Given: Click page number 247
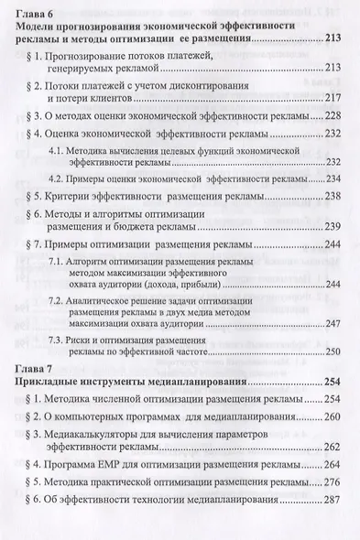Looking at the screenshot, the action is tap(330, 323).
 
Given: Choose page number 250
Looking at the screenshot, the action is tap(330, 351).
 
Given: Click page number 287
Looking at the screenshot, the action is tap(330, 502).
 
